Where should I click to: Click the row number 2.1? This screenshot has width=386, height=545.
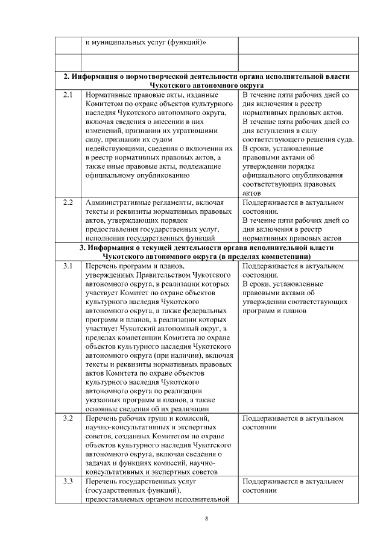tap(68, 95)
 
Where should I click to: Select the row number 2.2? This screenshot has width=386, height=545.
tap(68, 202)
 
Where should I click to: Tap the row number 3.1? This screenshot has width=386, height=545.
tap(68, 266)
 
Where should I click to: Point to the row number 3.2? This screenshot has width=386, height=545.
tap(68, 417)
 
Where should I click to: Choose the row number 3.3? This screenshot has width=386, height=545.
tap(68, 481)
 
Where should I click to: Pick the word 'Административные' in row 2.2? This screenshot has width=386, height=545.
tap(117, 202)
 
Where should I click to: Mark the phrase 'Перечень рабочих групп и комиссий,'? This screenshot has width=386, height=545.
tap(147, 417)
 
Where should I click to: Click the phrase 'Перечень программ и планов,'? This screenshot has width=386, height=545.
tap(134, 266)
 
